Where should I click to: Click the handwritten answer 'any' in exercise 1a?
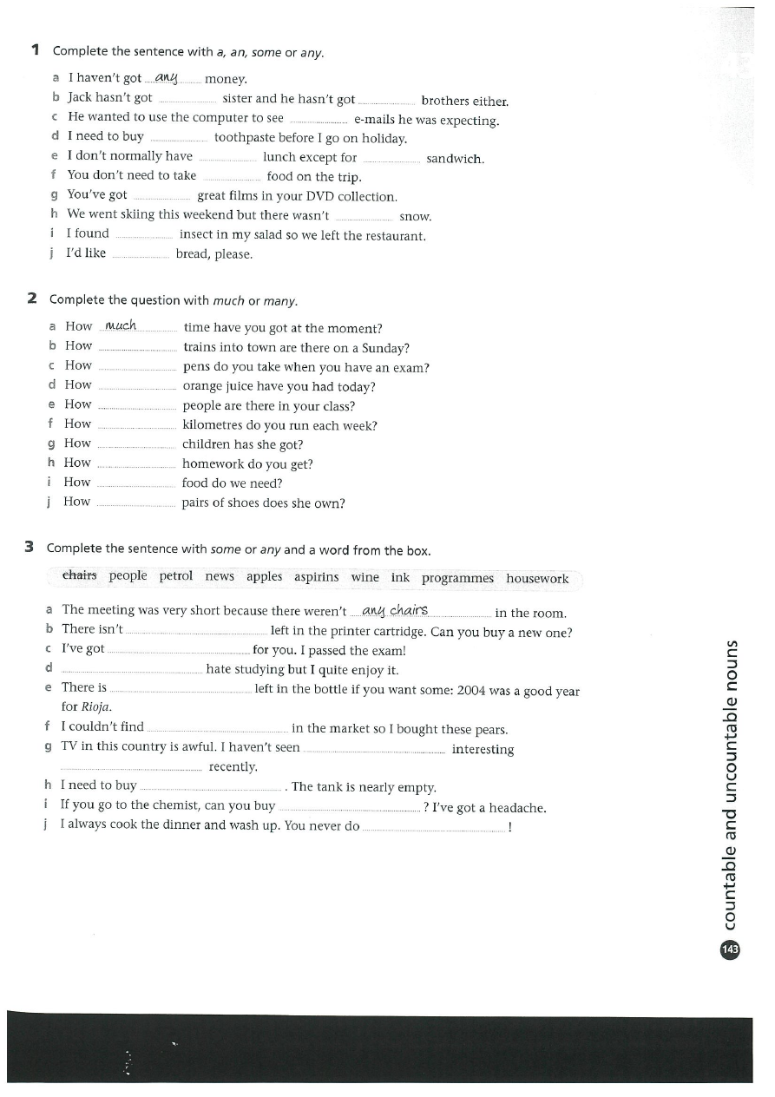[166, 78]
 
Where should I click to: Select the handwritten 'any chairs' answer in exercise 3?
[395, 611]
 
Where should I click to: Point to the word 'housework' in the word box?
[537, 579]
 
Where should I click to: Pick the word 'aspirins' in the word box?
[316, 577]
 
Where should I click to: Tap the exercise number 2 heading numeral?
[32, 299]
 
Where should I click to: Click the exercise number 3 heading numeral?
[30, 547]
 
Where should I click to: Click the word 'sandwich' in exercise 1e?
[455, 159]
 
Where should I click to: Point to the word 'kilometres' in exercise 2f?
[213, 425]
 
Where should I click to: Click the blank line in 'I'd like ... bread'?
[141, 256]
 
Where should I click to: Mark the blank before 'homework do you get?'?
[136, 466]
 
